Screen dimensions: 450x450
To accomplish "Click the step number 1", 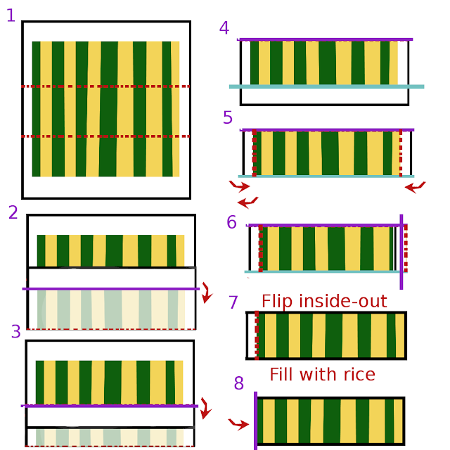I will pos(11,15).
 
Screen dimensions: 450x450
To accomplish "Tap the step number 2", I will pos(13,212).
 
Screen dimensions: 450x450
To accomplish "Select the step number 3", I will pos(16,332).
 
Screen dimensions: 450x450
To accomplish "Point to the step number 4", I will pos(224,29).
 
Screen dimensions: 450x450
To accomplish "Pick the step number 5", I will pos(228,117).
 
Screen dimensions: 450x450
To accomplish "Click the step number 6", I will pos(232,223).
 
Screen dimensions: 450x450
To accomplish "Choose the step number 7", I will pos(233,303).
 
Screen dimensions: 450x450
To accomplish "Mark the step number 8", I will pos(239,383).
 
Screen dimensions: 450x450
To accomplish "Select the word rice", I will pos(357,374).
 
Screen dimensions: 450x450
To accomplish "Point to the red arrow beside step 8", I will pos(239,424).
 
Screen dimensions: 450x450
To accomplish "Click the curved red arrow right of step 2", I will pos(206,292).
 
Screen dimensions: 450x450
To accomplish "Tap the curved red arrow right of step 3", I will pos(205,408).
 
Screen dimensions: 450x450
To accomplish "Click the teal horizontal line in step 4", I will pos(326,86).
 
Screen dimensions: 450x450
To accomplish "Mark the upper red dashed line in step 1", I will pos(105,86).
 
